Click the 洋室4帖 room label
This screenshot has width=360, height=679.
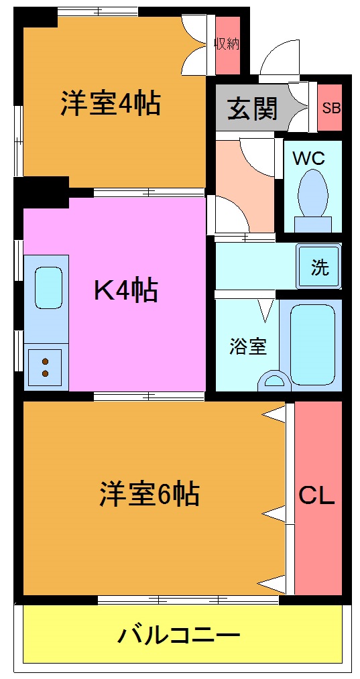coord(111,104)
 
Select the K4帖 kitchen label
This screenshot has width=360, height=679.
coord(125,290)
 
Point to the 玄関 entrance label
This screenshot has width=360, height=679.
coord(252,108)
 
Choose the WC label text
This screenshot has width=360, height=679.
coord(308,159)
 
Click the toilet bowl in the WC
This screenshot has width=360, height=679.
coord(312,192)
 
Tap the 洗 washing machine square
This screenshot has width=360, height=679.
coord(320,267)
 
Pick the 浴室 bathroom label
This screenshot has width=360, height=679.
coord(248,347)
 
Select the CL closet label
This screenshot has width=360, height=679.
coord(317,496)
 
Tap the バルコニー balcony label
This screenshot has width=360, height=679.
coord(179,634)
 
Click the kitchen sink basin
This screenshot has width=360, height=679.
coord(47,287)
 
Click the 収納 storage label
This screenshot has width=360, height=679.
coord(227,44)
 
